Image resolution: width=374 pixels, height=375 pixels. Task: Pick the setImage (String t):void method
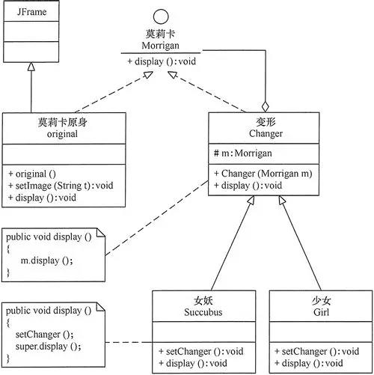[58, 186]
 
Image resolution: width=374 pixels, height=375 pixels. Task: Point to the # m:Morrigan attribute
[243, 153]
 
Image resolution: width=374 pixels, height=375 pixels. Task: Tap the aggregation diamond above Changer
[265, 106]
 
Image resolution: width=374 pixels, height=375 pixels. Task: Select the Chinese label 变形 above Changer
[265, 121]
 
